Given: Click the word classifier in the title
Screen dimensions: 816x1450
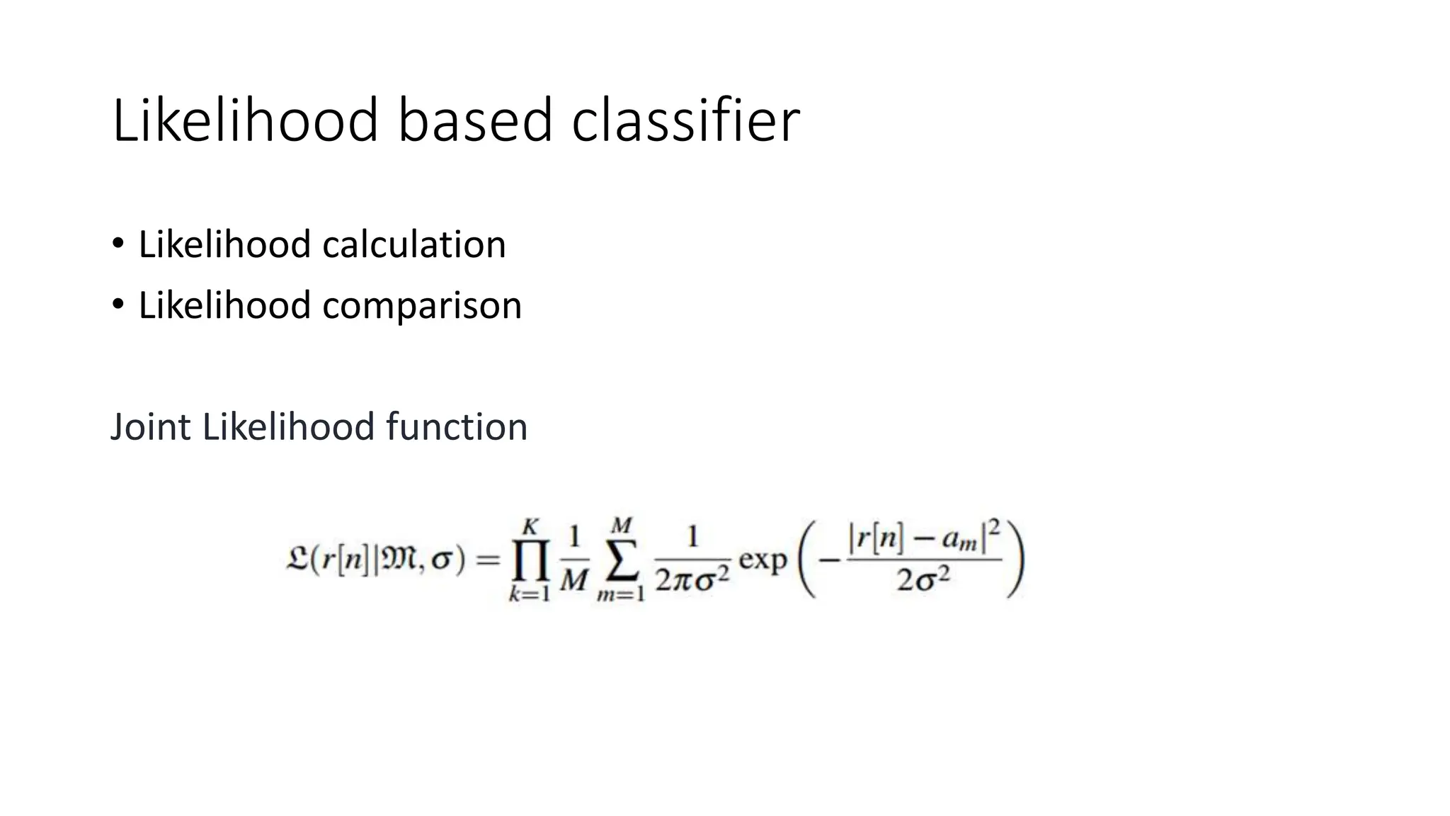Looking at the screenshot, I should (685, 120).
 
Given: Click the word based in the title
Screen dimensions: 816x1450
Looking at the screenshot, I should (474, 120).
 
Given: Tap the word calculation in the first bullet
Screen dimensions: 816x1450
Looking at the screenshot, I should (414, 245).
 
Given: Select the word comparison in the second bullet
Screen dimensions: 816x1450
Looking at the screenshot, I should (422, 306).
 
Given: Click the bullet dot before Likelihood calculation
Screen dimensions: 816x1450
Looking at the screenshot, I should (118, 244).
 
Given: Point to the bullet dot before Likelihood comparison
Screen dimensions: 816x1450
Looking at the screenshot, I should (118, 305).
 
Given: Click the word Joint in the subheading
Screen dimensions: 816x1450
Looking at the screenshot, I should (150, 427).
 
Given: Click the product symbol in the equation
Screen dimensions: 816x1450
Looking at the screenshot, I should (530, 561).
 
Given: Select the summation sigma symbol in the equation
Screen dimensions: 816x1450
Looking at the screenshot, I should (621, 561).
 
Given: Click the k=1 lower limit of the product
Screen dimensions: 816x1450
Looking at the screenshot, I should (530, 594).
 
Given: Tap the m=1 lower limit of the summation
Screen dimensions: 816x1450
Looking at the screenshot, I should (621, 594).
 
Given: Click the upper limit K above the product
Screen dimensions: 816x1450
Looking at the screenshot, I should (531, 527).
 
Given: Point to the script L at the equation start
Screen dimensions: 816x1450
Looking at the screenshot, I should (295, 560).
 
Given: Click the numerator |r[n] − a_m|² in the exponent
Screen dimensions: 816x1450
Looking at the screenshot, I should (924, 540).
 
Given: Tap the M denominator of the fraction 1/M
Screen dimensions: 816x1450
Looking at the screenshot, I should (573, 581).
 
